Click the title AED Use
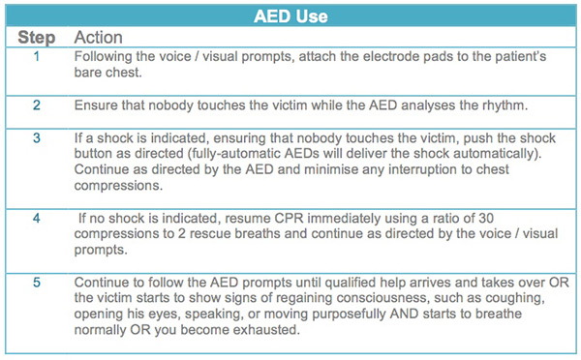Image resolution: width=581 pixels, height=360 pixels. (290, 16)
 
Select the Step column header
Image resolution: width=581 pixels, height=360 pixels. (37, 38)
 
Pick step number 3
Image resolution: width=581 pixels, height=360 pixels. (37, 137)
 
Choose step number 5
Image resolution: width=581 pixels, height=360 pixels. (37, 281)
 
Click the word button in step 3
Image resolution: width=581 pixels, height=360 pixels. (100, 153)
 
